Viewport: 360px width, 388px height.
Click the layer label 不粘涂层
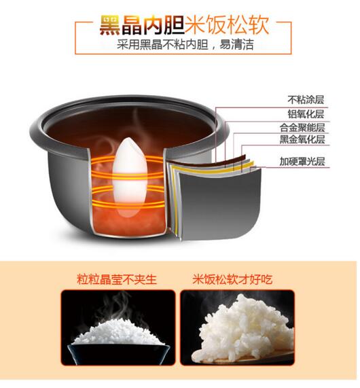[306, 100]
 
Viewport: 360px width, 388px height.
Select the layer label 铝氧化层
[306, 114]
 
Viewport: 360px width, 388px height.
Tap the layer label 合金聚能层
[302, 128]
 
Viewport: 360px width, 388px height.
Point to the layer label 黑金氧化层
[302, 139]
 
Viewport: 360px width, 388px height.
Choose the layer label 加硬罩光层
[302, 161]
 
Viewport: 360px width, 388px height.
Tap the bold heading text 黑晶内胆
[142, 25]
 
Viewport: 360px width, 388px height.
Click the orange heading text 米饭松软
[227, 24]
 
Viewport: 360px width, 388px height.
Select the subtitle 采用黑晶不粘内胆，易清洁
[185, 45]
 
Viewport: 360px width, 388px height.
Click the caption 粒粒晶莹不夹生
[117, 279]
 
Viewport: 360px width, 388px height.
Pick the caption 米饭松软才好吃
[232, 279]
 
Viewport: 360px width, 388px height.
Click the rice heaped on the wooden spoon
[246, 329]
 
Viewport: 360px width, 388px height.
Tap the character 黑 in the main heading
[110, 25]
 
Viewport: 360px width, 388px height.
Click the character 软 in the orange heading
[259, 24]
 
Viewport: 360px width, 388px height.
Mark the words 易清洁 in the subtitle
[236, 45]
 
